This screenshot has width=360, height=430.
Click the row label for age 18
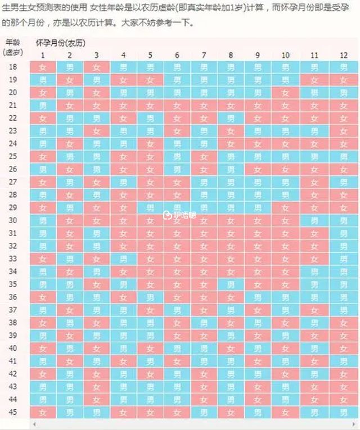(13, 66)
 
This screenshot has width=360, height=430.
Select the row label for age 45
(13, 412)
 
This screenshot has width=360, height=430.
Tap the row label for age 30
(13, 220)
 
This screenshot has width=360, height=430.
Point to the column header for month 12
(344, 55)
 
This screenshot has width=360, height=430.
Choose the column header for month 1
(42, 55)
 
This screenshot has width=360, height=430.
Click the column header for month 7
(204, 55)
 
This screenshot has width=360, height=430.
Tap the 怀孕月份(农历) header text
(61, 43)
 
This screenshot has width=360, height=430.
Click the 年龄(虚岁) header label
(12, 47)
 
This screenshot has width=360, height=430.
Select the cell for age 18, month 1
(42, 67)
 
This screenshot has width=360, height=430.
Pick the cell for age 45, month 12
(344, 412)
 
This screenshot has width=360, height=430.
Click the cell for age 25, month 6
(177, 156)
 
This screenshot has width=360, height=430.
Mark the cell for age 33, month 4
(123, 259)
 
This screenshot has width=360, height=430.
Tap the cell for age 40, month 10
(285, 348)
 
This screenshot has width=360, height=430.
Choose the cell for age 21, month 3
(96, 105)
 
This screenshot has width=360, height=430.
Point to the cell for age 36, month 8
(231, 297)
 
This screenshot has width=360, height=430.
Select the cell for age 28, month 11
(314, 194)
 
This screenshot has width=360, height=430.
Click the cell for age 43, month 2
(69, 387)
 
